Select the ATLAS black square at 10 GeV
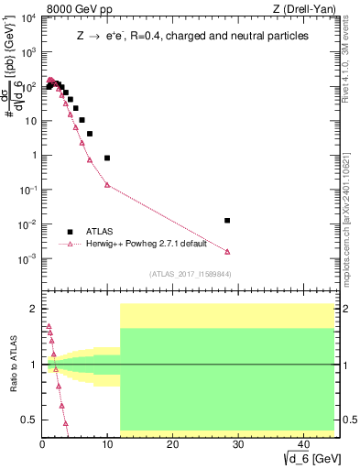(107, 158)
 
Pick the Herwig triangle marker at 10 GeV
(107, 185)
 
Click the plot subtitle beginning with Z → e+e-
(191, 35)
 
